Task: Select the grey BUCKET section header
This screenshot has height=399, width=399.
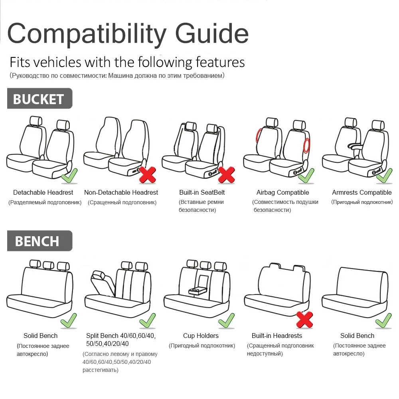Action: pos(39,99)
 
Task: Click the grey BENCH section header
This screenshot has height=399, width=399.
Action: pos(39,241)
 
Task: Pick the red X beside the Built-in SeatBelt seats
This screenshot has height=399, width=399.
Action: pos(226,175)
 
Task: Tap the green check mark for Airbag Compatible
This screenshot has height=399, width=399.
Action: pos(306,176)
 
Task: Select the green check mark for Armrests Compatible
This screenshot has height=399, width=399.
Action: pos(384,176)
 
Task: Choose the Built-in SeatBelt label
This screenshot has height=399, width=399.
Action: pos(202,192)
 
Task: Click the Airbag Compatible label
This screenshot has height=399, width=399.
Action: pos(282,192)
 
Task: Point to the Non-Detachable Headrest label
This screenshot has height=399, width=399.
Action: pos(121,192)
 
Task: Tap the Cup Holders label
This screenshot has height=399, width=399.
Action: pos(201,336)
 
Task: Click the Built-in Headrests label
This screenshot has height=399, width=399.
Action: pos(277,336)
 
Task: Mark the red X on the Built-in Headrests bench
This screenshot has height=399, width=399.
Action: pos(304,319)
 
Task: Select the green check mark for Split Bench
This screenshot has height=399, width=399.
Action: pos(147,320)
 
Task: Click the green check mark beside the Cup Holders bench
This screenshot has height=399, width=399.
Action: pos(226,320)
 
